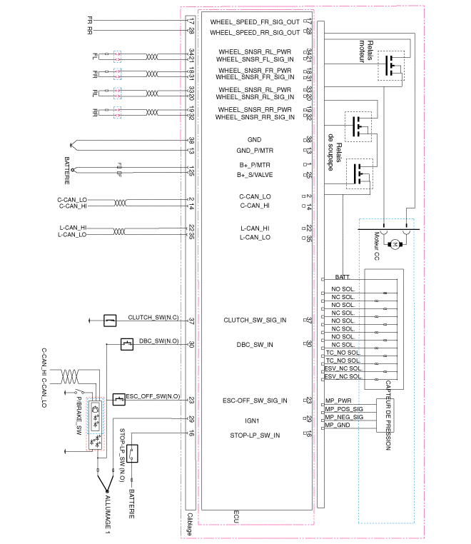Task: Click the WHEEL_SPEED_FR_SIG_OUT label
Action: click(255, 22)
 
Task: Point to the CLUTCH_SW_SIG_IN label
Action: click(255, 321)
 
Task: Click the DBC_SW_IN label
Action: click(255, 345)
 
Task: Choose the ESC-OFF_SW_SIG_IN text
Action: click(255, 401)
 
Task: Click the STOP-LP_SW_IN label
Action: click(255, 435)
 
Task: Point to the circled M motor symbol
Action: click(395, 244)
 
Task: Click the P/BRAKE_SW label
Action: click(79, 414)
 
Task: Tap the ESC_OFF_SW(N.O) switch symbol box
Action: click(119, 398)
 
